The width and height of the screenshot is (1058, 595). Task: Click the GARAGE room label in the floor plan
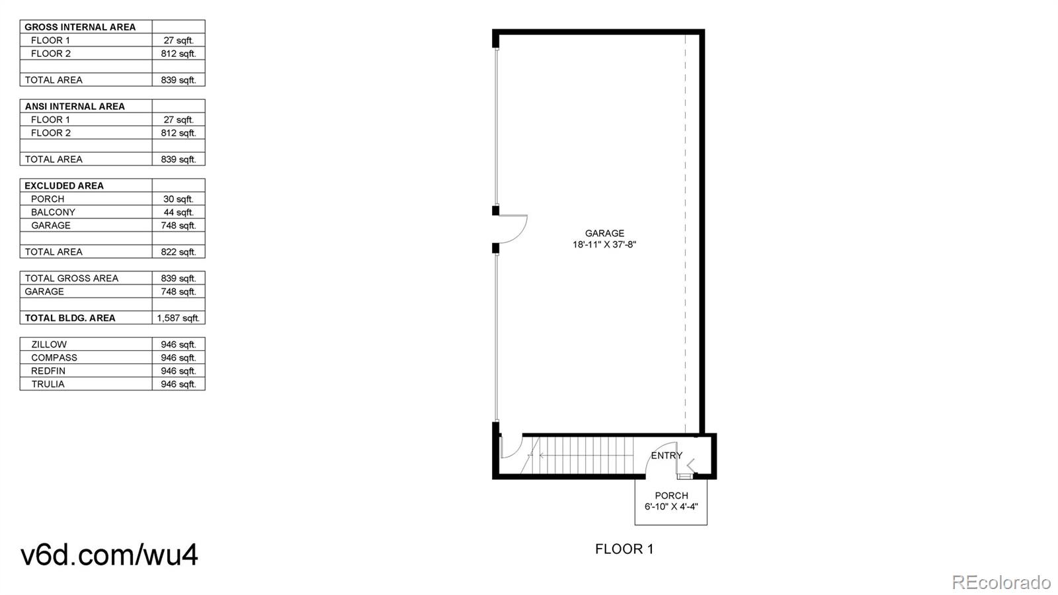[604, 233]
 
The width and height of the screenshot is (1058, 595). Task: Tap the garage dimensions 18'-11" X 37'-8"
[604, 245]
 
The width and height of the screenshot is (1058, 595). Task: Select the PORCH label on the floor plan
[671, 496]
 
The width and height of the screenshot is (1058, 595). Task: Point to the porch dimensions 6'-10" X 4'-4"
[671, 507]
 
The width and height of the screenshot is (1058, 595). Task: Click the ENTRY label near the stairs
[667, 455]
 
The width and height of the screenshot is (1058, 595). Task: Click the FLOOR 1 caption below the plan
[624, 549]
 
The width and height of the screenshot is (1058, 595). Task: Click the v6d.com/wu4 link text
[109, 555]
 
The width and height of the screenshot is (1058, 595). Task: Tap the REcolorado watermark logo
[1001, 582]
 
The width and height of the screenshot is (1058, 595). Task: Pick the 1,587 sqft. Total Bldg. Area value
[178, 318]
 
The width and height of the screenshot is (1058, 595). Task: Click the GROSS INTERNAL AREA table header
[80, 27]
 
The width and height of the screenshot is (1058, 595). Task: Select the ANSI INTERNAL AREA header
[75, 106]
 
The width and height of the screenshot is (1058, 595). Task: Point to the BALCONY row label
[53, 212]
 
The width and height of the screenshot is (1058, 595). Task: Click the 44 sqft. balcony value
[179, 212]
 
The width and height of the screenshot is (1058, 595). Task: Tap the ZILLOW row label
[49, 344]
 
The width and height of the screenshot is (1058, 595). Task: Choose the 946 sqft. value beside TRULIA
[179, 384]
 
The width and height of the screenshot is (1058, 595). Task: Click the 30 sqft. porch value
[179, 199]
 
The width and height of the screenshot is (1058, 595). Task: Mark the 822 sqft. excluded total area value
[179, 252]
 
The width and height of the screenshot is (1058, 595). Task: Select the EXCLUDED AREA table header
[64, 185]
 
